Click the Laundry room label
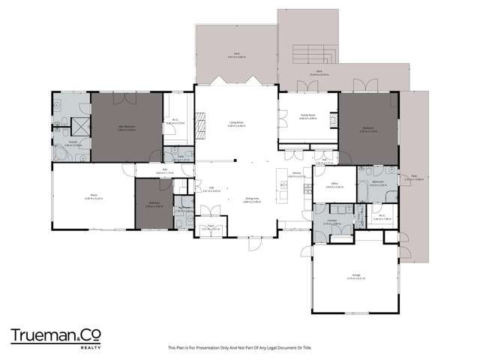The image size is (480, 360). tap(333, 222)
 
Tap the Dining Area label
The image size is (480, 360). tap(250, 201)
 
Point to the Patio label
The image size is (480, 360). tap(414, 178)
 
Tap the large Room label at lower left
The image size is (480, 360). tap(91, 197)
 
